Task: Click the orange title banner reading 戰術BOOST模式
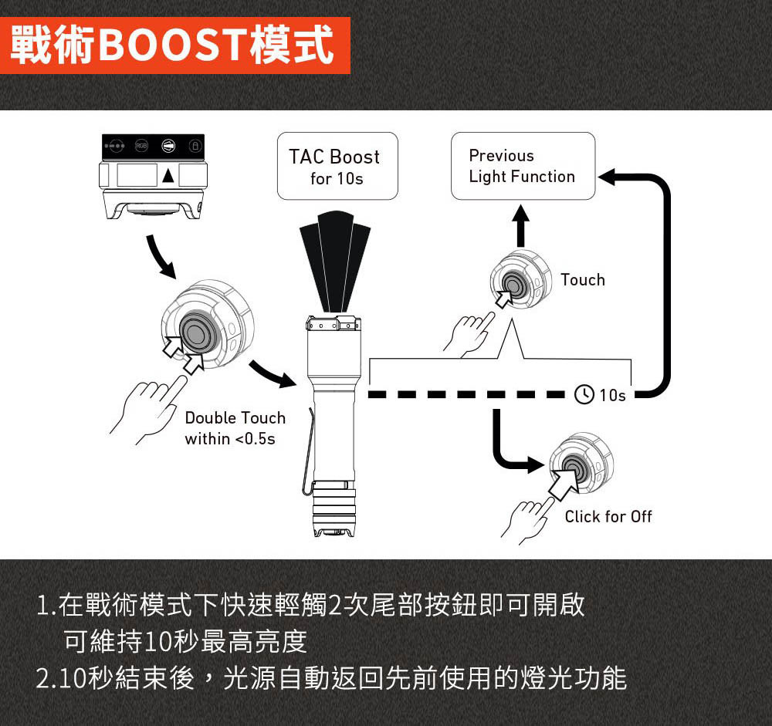pos(174,46)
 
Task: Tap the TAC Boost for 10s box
pos(337,166)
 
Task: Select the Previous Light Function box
pos(523,166)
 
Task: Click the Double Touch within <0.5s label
pos(235,428)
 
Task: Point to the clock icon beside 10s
pos(584,394)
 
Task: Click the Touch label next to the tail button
pos(583,279)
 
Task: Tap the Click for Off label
pos(608,516)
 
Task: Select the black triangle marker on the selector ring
pos(168,175)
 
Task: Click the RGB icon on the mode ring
pos(141,146)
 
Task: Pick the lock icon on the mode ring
pos(195,146)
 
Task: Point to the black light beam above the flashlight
pos(335,262)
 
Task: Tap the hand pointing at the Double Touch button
pos(147,409)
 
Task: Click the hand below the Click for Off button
pos(527,522)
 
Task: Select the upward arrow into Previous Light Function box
pos(520,225)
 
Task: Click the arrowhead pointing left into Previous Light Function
pos(607,177)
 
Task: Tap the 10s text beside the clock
pos(612,395)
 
